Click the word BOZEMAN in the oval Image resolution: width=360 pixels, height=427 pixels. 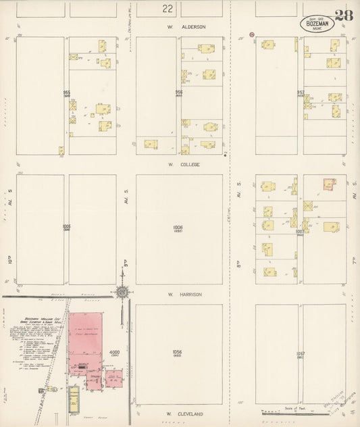click(317, 22)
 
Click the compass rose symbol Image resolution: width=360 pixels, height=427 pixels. click(122, 293)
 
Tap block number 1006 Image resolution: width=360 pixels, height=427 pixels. click(178, 228)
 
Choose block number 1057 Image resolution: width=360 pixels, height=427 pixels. click(300, 353)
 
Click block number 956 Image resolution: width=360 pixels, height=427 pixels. click(179, 92)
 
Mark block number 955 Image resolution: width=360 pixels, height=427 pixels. click(66, 92)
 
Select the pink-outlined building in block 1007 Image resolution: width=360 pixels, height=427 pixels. click(329, 184)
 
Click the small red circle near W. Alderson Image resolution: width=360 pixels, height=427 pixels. click(251, 34)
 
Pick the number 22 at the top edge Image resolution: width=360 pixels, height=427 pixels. click(167, 9)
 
